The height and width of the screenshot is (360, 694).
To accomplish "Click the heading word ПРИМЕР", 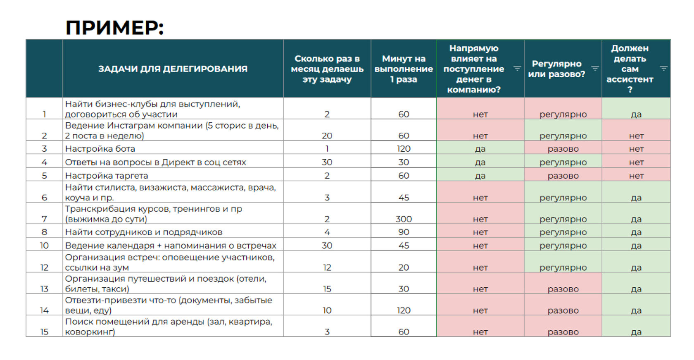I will click(x=114, y=28).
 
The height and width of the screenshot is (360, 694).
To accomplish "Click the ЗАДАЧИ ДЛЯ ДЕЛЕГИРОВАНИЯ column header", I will click(x=173, y=69).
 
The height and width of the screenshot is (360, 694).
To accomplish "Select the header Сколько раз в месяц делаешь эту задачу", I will click(x=327, y=69).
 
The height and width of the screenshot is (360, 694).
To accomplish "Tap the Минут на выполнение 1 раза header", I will click(x=404, y=69).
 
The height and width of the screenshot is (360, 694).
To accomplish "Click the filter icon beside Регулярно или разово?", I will click(x=595, y=68).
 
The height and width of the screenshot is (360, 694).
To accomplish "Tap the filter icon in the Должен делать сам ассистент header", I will click(x=663, y=68).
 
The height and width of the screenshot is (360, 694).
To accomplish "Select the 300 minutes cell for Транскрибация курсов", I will click(x=404, y=219).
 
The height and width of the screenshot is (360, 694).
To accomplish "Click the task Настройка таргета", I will click(x=107, y=176).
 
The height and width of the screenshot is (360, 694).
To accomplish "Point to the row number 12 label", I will click(x=44, y=267).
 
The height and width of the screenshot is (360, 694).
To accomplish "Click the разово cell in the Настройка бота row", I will click(x=563, y=148).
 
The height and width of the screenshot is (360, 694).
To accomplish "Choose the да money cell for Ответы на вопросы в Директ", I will click(x=480, y=162).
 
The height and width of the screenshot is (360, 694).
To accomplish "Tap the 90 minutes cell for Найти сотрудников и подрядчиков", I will click(x=404, y=232).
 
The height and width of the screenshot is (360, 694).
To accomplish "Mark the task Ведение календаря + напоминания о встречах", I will click(x=171, y=246).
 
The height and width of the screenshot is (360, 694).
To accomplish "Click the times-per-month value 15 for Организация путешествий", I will click(x=327, y=289).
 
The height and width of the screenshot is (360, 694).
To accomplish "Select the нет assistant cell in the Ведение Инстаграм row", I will click(x=636, y=136).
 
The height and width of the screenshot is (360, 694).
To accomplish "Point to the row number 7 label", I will click(x=44, y=219).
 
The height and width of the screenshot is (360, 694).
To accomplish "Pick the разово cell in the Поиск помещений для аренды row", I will click(x=563, y=332).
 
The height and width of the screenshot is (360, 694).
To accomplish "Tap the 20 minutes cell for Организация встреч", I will click(x=404, y=267).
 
